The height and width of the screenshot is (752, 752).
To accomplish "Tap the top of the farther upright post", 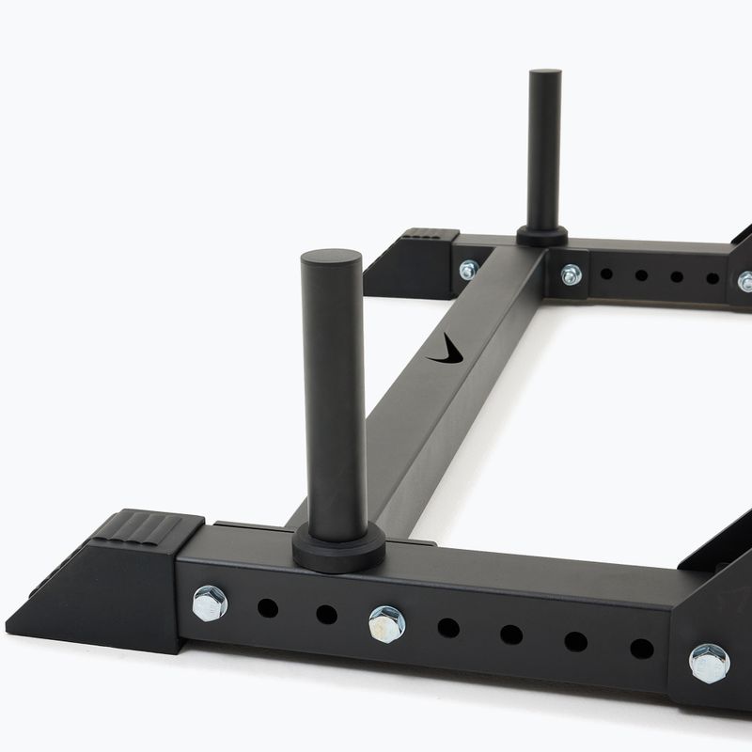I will click(544, 76).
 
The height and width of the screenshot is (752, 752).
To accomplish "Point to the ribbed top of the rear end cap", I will click(431, 234).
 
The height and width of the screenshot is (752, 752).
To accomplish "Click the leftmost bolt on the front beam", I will click(210, 603).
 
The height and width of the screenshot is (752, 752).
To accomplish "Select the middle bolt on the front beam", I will click(386, 623).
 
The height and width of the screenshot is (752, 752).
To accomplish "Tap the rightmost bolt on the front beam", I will click(709, 663).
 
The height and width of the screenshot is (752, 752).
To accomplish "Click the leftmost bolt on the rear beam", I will click(468, 270).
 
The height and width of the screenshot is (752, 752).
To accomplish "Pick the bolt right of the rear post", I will click(571, 274).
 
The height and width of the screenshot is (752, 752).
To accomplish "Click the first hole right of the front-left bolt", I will click(268, 608).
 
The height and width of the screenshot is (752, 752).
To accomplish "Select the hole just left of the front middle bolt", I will click(326, 615).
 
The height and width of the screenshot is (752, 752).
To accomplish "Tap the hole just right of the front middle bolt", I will click(448, 628).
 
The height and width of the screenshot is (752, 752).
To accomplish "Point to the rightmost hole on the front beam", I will click(641, 649).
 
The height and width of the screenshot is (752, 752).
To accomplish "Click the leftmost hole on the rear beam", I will click(606, 274).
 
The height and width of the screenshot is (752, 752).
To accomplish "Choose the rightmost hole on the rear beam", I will click(713, 278).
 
